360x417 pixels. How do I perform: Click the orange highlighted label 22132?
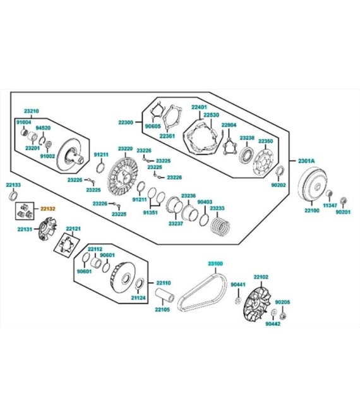(48, 208)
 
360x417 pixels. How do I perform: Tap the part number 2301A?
(306, 161)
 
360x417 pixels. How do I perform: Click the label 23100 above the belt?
(215, 263)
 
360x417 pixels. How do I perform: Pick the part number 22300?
(126, 123)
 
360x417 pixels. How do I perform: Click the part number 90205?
(282, 302)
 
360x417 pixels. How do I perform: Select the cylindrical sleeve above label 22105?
(165, 295)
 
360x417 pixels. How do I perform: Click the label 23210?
(32, 111)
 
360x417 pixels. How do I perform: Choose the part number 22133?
(13, 184)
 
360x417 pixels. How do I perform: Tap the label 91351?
(150, 212)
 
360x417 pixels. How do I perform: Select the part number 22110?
(164, 283)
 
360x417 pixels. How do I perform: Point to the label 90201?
(343, 212)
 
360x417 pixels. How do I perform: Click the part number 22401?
(199, 107)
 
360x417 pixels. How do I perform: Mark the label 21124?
(138, 298)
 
